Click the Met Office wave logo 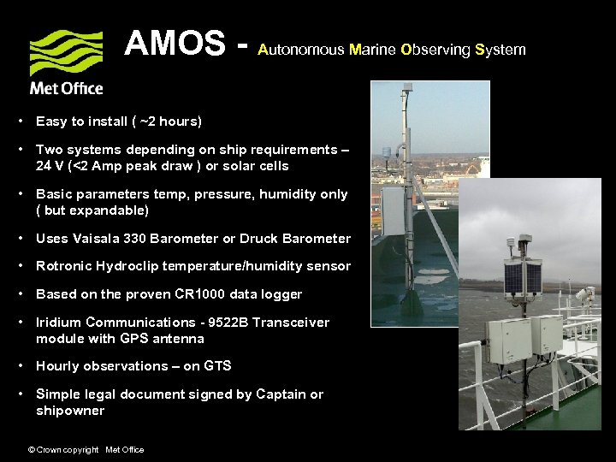(66, 53)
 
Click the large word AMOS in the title (176, 43)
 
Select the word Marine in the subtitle (373, 50)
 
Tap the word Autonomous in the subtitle (300, 50)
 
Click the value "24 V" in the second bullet (50, 166)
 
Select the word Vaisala (102, 239)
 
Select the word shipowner (70, 411)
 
